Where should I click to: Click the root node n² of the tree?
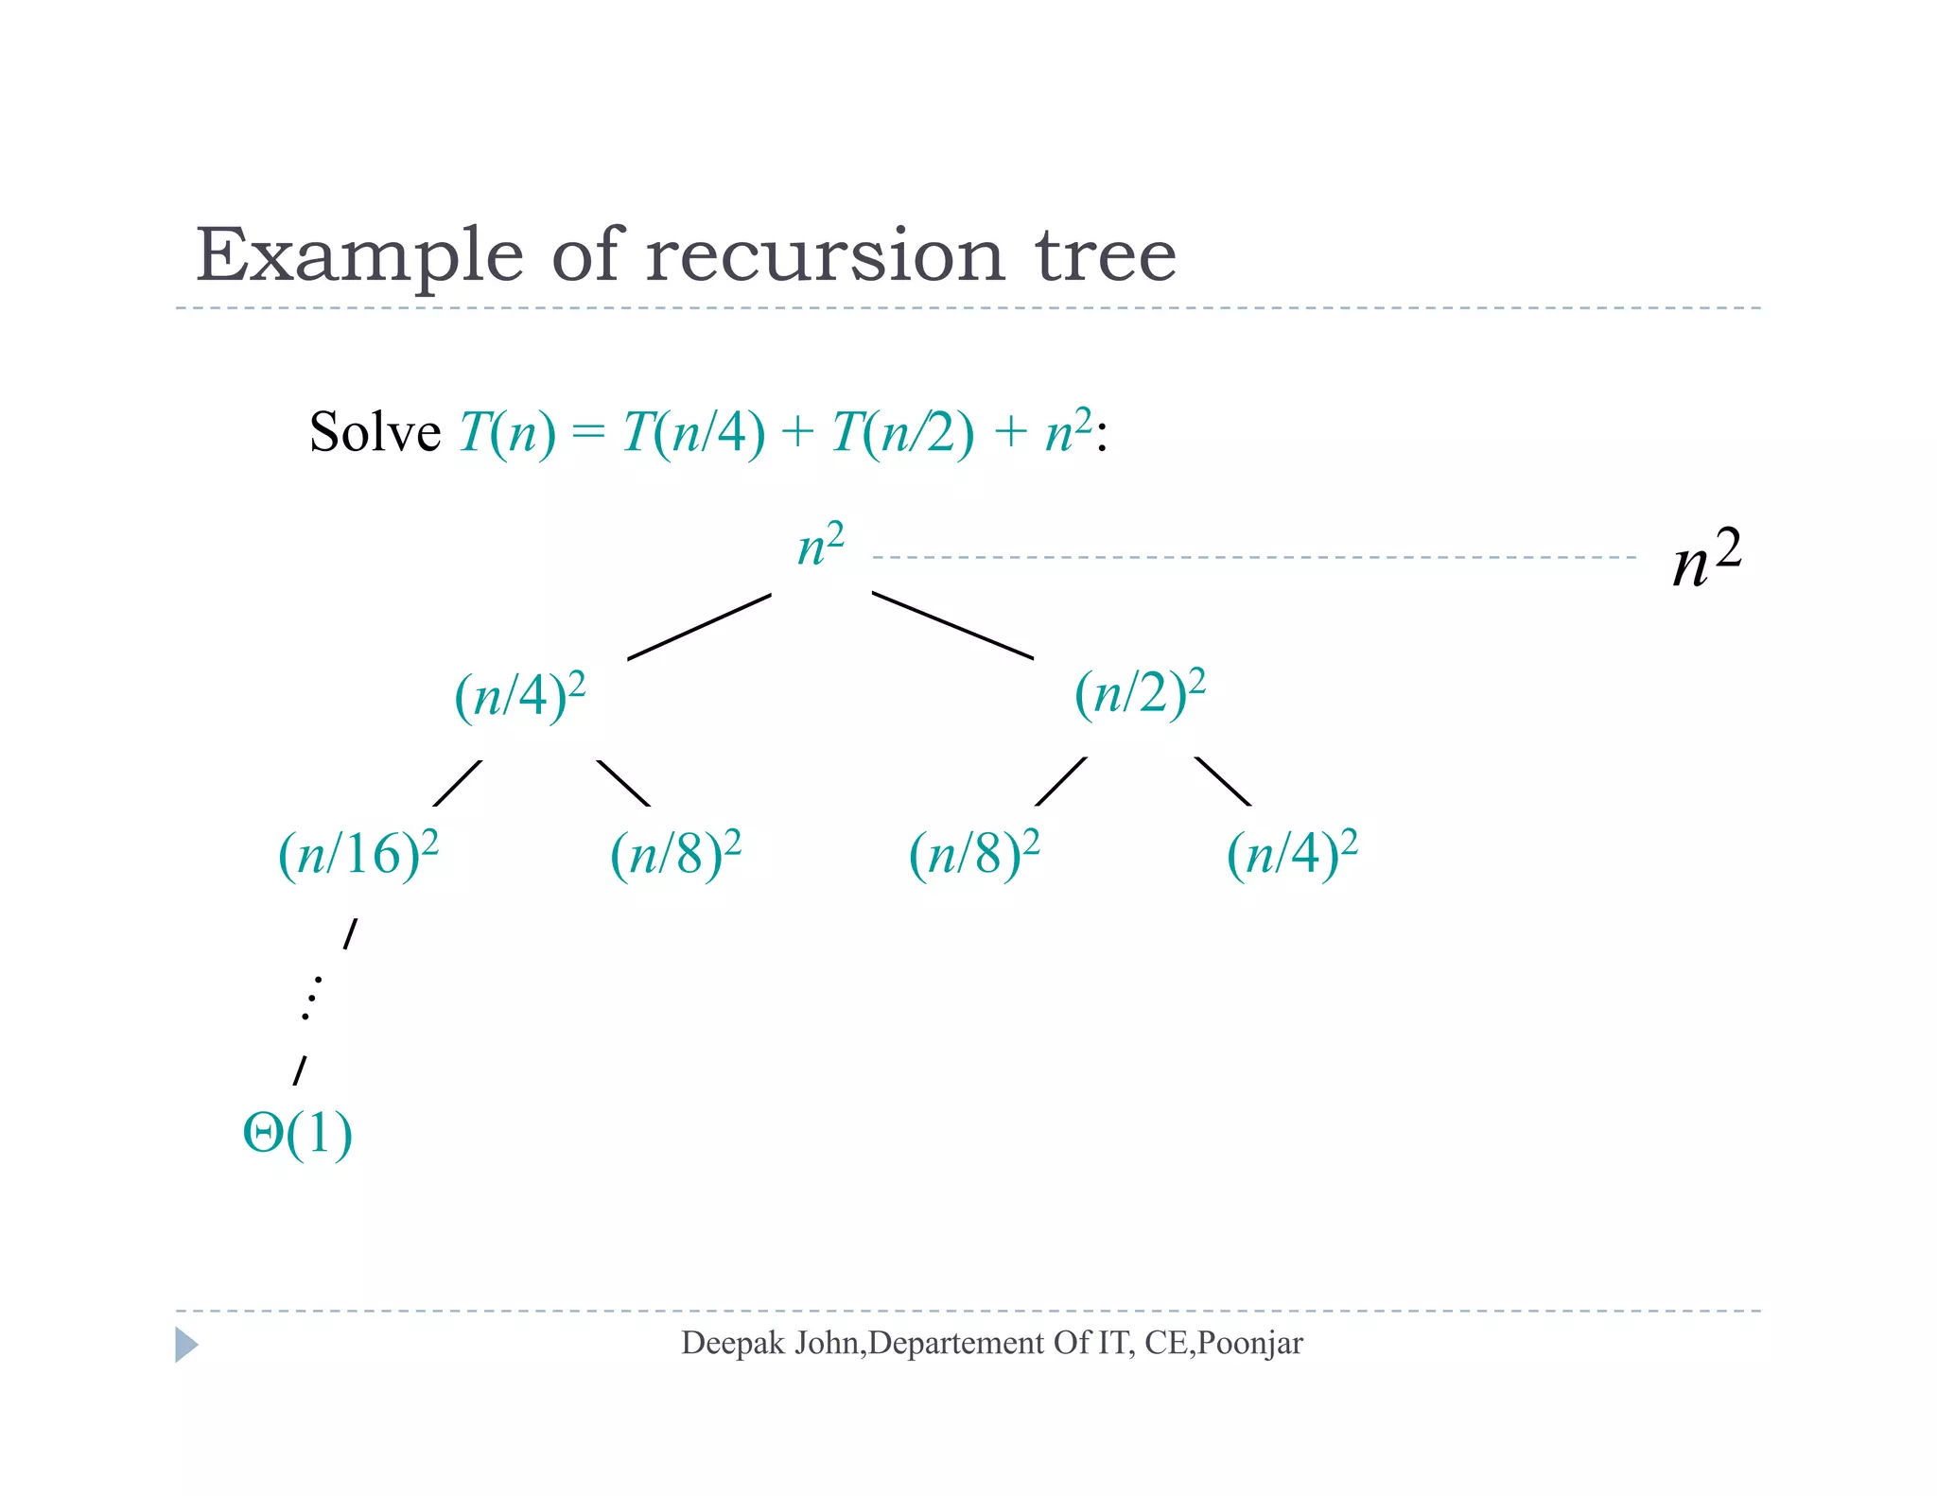coord(820,547)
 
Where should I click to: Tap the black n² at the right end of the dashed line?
coord(1705,559)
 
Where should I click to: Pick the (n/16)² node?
coord(358,854)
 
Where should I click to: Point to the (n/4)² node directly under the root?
coord(519,696)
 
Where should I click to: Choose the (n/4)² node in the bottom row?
coord(1292,854)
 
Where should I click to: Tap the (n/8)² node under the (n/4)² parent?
coord(675,854)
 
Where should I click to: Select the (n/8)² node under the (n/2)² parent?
coord(974,854)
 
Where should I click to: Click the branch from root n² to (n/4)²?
coord(699,626)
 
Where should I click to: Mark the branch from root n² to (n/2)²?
coord(951,625)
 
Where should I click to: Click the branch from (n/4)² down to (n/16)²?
coord(458,783)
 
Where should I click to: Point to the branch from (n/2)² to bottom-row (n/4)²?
coord(1223,781)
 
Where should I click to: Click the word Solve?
coord(375,433)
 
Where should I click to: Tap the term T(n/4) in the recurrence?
coord(693,433)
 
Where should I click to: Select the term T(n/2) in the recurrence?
coord(902,433)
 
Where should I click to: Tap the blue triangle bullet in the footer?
coord(186,1345)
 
